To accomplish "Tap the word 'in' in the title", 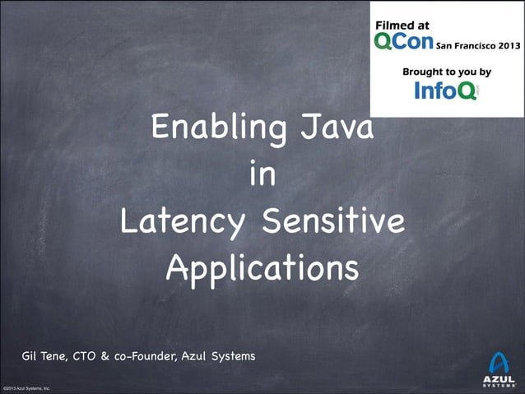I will coord(262,176).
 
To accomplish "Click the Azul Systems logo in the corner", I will coord(499,369).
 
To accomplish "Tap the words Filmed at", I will coord(402,26).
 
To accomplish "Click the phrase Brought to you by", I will coord(446,72).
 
